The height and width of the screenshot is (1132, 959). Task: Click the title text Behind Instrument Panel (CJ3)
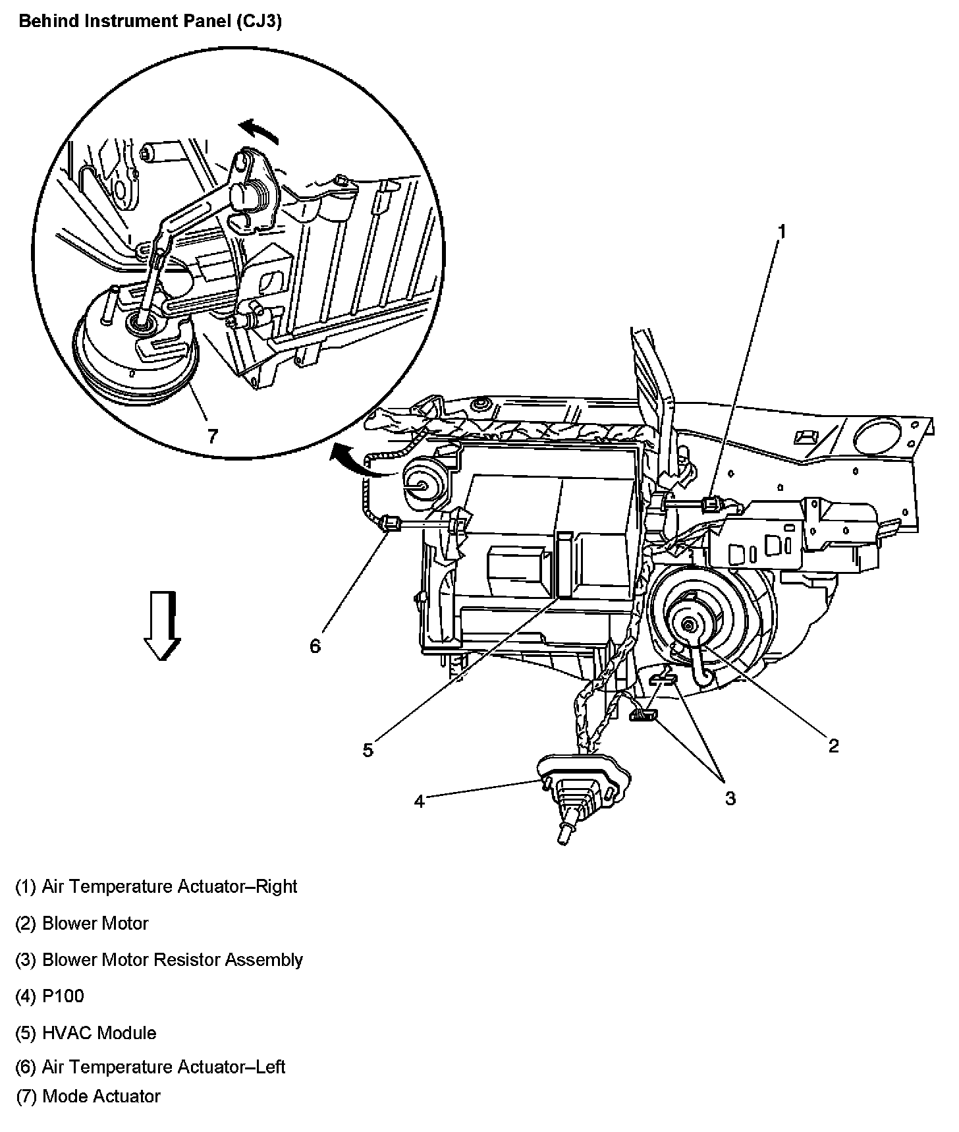150,22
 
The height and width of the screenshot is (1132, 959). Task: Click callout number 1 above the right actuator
782,231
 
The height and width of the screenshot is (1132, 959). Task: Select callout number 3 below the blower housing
730,798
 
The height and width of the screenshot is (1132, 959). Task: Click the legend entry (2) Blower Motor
82,923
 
